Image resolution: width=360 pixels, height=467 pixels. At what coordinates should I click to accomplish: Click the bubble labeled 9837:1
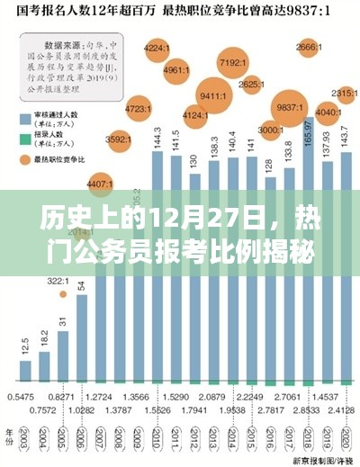pos(290,107)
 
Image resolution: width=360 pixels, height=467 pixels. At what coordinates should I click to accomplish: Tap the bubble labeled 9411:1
pos(213,95)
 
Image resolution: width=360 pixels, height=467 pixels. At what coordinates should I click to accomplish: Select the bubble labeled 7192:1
pos(233,63)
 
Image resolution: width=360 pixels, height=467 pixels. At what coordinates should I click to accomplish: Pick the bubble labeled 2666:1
pos(309,46)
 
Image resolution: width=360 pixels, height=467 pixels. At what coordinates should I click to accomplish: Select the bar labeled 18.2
pos(44,364)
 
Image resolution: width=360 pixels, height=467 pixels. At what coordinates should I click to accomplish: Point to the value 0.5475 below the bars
pos(21,396)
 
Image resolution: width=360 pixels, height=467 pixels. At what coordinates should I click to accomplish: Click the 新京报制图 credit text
pos(327,456)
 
